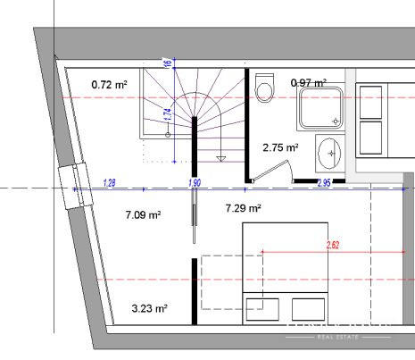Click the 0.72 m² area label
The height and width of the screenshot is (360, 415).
coord(109,85)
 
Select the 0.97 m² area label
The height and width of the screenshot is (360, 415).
coord(309,83)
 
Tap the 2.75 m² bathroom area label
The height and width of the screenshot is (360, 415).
coord(279,147)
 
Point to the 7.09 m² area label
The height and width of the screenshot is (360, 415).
coord(142,215)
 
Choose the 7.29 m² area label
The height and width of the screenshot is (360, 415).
coord(243,208)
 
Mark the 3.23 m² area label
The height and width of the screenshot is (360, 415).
coord(149,308)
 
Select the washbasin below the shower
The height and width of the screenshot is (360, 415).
coord(328,153)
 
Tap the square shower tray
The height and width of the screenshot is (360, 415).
coord(322,104)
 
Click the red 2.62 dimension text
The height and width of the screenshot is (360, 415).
coord(334,244)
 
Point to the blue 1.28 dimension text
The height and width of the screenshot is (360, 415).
coord(110,183)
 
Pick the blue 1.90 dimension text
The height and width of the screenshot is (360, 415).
coord(195,183)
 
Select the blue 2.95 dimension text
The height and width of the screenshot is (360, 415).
coord(324,183)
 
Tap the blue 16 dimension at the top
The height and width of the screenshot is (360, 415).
coord(166,63)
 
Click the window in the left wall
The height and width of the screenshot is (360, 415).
coord(69,188)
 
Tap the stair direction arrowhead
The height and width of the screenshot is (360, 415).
coord(220,158)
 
